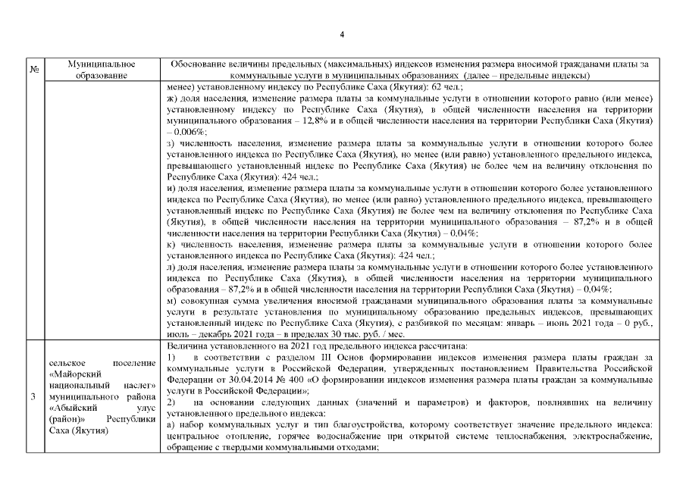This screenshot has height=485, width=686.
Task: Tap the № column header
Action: pyautogui.click(x=34, y=70)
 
